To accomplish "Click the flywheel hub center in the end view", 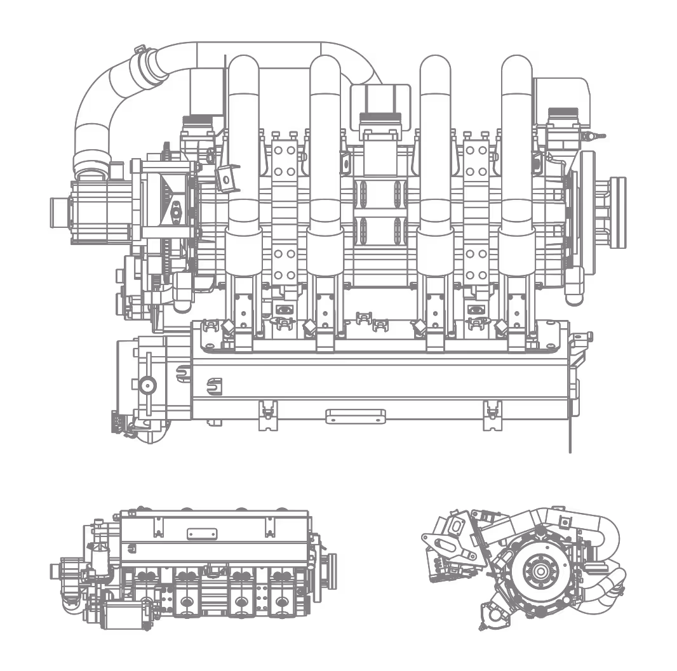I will tap(540, 571).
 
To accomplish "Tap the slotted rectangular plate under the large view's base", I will tap(356, 416).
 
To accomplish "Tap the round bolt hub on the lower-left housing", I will tap(148, 384).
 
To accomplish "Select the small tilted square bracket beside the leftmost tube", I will tap(227, 178).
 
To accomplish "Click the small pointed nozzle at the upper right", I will tap(597, 136).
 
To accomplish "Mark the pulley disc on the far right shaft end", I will tap(615, 213).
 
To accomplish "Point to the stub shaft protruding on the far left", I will tap(59, 213).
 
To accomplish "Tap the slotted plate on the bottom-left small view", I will tap(202, 534).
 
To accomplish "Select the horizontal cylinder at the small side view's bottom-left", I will tap(124, 616).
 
